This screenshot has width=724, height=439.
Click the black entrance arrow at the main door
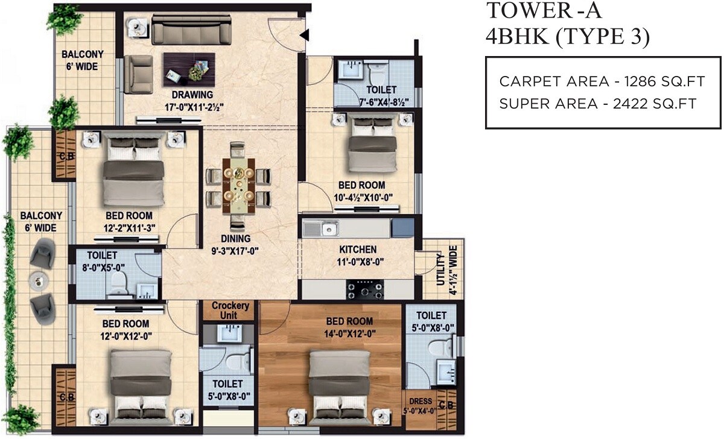click(x=304, y=34)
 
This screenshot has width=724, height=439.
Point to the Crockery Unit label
click(x=230, y=310)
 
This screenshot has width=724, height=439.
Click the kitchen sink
click(x=329, y=229)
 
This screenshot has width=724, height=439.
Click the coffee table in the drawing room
click(x=189, y=68)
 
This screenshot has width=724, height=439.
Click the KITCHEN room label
click(x=358, y=249)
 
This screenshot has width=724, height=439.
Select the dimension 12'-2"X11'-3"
click(x=129, y=229)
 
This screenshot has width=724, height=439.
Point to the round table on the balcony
click(x=39, y=279)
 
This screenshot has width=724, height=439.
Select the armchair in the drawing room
click(x=138, y=69)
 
